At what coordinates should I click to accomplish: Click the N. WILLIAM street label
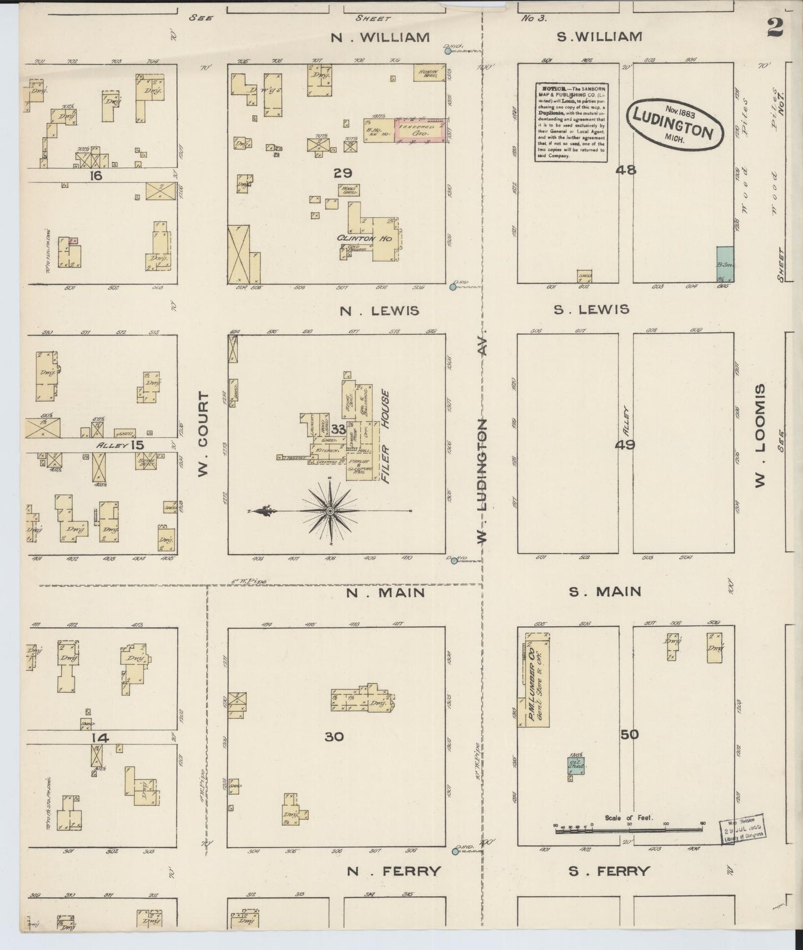click(x=380, y=37)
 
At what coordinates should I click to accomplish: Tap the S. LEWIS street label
click(x=591, y=309)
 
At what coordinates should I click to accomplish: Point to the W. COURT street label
click(x=203, y=434)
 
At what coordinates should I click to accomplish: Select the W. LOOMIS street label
click(x=761, y=436)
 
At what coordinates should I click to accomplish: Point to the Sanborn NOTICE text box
click(x=571, y=122)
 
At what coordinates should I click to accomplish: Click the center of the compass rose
click(x=330, y=510)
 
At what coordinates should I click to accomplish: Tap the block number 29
click(x=343, y=173)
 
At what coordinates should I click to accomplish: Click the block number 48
click(x=626, y=170)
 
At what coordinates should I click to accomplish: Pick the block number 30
click(x=334, y=737)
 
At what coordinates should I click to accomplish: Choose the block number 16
click(x=95, y=176)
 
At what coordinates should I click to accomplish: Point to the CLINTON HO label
click(x=364, y=238)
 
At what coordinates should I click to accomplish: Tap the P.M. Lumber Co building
click(x=536, y=678)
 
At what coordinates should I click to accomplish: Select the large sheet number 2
click(x=775, y=27)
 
